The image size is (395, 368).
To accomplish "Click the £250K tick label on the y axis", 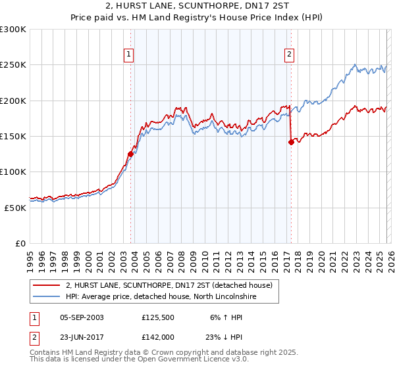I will click(13, 65).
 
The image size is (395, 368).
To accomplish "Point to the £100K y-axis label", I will click(13, 172).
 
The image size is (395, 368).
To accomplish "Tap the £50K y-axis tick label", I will click(15, 207).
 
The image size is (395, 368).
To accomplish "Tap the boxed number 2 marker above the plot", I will click(289, 55).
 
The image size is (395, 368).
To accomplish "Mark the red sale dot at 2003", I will click(130, 154).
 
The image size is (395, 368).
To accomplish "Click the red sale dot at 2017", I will click(291, 141).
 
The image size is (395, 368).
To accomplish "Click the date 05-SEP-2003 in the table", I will click(82, 317).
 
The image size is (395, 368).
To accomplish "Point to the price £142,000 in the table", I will click(157, 336).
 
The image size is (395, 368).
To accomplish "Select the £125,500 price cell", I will click(157, 317).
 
